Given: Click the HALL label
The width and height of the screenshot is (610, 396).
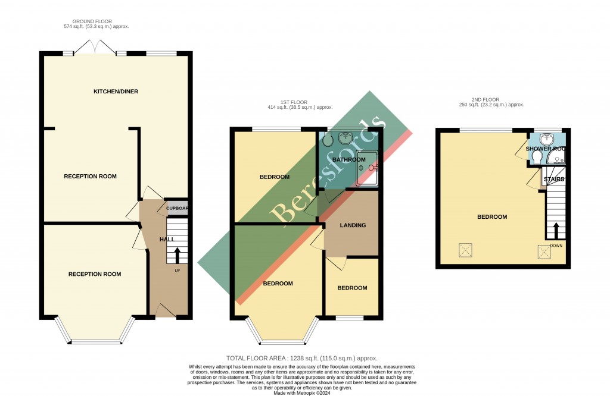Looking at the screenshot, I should click(167, 239).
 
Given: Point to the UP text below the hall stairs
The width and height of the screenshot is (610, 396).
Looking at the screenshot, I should click(177, 271).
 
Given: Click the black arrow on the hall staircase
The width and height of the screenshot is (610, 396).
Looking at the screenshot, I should click(177, 254).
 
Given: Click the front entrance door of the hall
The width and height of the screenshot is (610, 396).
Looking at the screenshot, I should click(165, 310).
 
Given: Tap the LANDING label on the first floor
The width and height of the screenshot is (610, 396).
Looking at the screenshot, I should click(352, 225).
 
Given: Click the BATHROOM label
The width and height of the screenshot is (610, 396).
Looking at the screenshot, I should click(348, 160).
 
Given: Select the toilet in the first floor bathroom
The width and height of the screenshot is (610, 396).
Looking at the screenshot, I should click(328, 142).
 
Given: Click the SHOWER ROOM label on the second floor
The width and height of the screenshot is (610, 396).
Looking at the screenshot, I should click(545, 149).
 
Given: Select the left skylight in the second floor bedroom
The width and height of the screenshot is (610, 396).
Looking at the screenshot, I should click(465, 250).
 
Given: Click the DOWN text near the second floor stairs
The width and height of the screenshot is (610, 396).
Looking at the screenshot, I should click(556, 244).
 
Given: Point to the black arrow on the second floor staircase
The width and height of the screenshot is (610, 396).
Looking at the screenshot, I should click(556, 230).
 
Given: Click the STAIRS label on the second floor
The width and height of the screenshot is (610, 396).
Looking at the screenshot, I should click(553, 179).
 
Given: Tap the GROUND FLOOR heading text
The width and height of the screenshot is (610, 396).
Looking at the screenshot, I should click(96, 21).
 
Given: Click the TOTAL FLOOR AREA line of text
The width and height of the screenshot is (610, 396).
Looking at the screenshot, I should click(302, 359).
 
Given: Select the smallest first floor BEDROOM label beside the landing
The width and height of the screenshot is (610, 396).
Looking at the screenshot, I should click(352, 288).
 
